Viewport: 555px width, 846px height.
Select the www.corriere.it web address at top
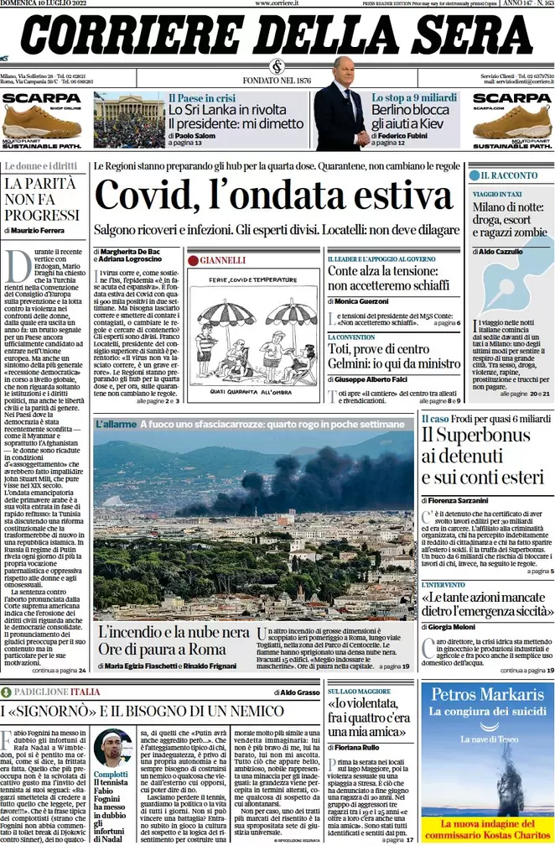277,4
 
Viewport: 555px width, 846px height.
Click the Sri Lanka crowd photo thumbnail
128,120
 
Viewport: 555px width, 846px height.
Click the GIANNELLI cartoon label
222,260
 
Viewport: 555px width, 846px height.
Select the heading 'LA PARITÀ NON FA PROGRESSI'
42,199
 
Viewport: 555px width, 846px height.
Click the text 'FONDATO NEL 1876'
277,81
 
